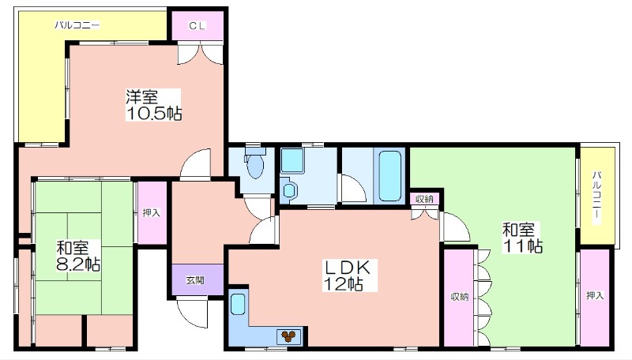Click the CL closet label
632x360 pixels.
(197, 26)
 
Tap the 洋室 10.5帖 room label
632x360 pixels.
(153, 105)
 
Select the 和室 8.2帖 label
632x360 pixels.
(77, 256)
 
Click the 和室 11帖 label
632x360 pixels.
(522, 238)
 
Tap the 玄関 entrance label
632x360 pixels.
(195, 279)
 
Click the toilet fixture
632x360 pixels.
(254, 163)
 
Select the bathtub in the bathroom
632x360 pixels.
(389, 175)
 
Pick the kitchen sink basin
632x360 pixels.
(239, 305)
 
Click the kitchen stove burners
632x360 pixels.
(288, 336)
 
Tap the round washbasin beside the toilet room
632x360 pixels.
(289, 189)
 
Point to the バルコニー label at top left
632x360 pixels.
(77, 25)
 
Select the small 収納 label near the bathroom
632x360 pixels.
(424, 198)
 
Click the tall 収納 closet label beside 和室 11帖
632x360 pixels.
(460, 297)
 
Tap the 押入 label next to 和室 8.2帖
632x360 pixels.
(152, 213)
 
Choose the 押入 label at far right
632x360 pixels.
(595, 295)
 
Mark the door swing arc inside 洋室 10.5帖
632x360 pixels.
(194, 164)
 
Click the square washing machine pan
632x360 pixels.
(292, 161)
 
